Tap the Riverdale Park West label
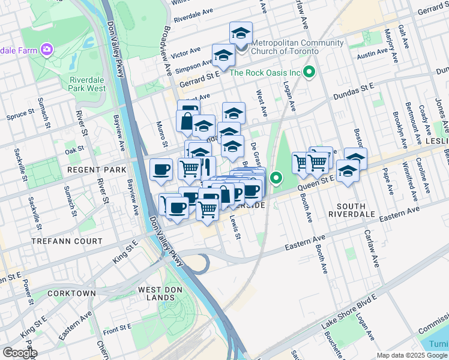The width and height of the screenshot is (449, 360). [88, 84]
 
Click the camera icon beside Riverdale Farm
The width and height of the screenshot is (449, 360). [46, 49]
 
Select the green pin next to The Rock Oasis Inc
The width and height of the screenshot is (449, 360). [309, 73]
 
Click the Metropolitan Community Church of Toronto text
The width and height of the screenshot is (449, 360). [298, 47]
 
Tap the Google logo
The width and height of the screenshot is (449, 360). [19, 353]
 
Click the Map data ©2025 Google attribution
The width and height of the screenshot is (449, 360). [412, 355]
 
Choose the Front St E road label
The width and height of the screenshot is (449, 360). [117, 328]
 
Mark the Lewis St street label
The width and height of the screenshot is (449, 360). [235, 228]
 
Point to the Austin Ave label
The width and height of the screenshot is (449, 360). [372, 53]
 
